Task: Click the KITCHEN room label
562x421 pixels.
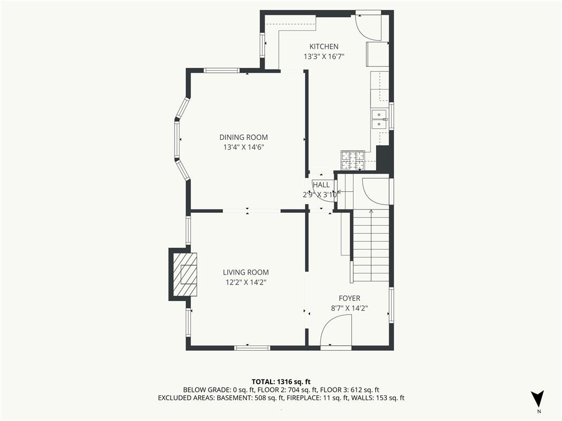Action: point(324,47)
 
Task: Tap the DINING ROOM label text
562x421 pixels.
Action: point(243,137)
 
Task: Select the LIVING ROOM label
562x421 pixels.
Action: point(245,272)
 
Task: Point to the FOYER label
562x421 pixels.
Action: point(350,298)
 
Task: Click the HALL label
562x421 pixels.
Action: point(321,185)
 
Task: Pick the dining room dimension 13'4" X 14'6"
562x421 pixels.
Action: point(244,147)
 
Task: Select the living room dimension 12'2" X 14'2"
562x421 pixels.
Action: point(246,282)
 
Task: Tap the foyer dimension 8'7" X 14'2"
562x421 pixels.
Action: point(350,308)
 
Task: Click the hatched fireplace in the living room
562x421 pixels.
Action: point(185,274)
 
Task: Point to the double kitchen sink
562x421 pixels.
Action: point(379,119)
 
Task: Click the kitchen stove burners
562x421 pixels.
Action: point(353,161)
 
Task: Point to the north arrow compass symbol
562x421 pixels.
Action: point(538,398)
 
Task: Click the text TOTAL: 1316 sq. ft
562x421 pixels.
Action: point(281,382)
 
